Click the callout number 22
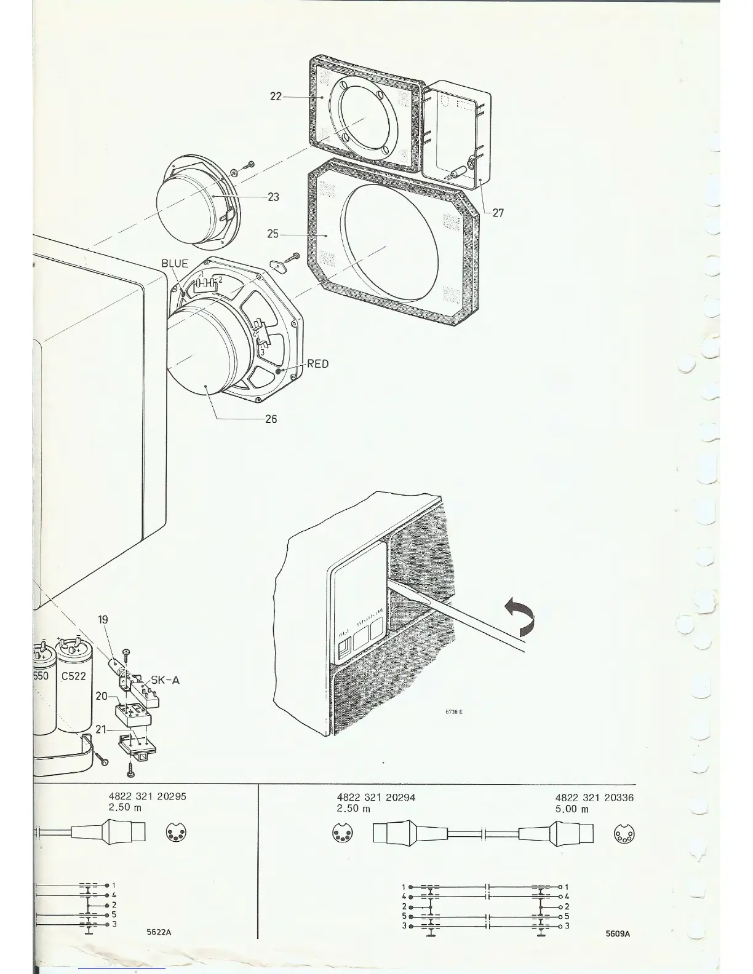276,97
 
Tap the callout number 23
273,197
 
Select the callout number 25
273,234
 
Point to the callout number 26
271,419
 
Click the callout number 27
498,213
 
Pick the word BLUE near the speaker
175,264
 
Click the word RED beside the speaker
317,364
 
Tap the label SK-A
165,681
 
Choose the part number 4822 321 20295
147,796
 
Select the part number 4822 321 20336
594,798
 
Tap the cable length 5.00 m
572,809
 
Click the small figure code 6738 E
453,712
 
